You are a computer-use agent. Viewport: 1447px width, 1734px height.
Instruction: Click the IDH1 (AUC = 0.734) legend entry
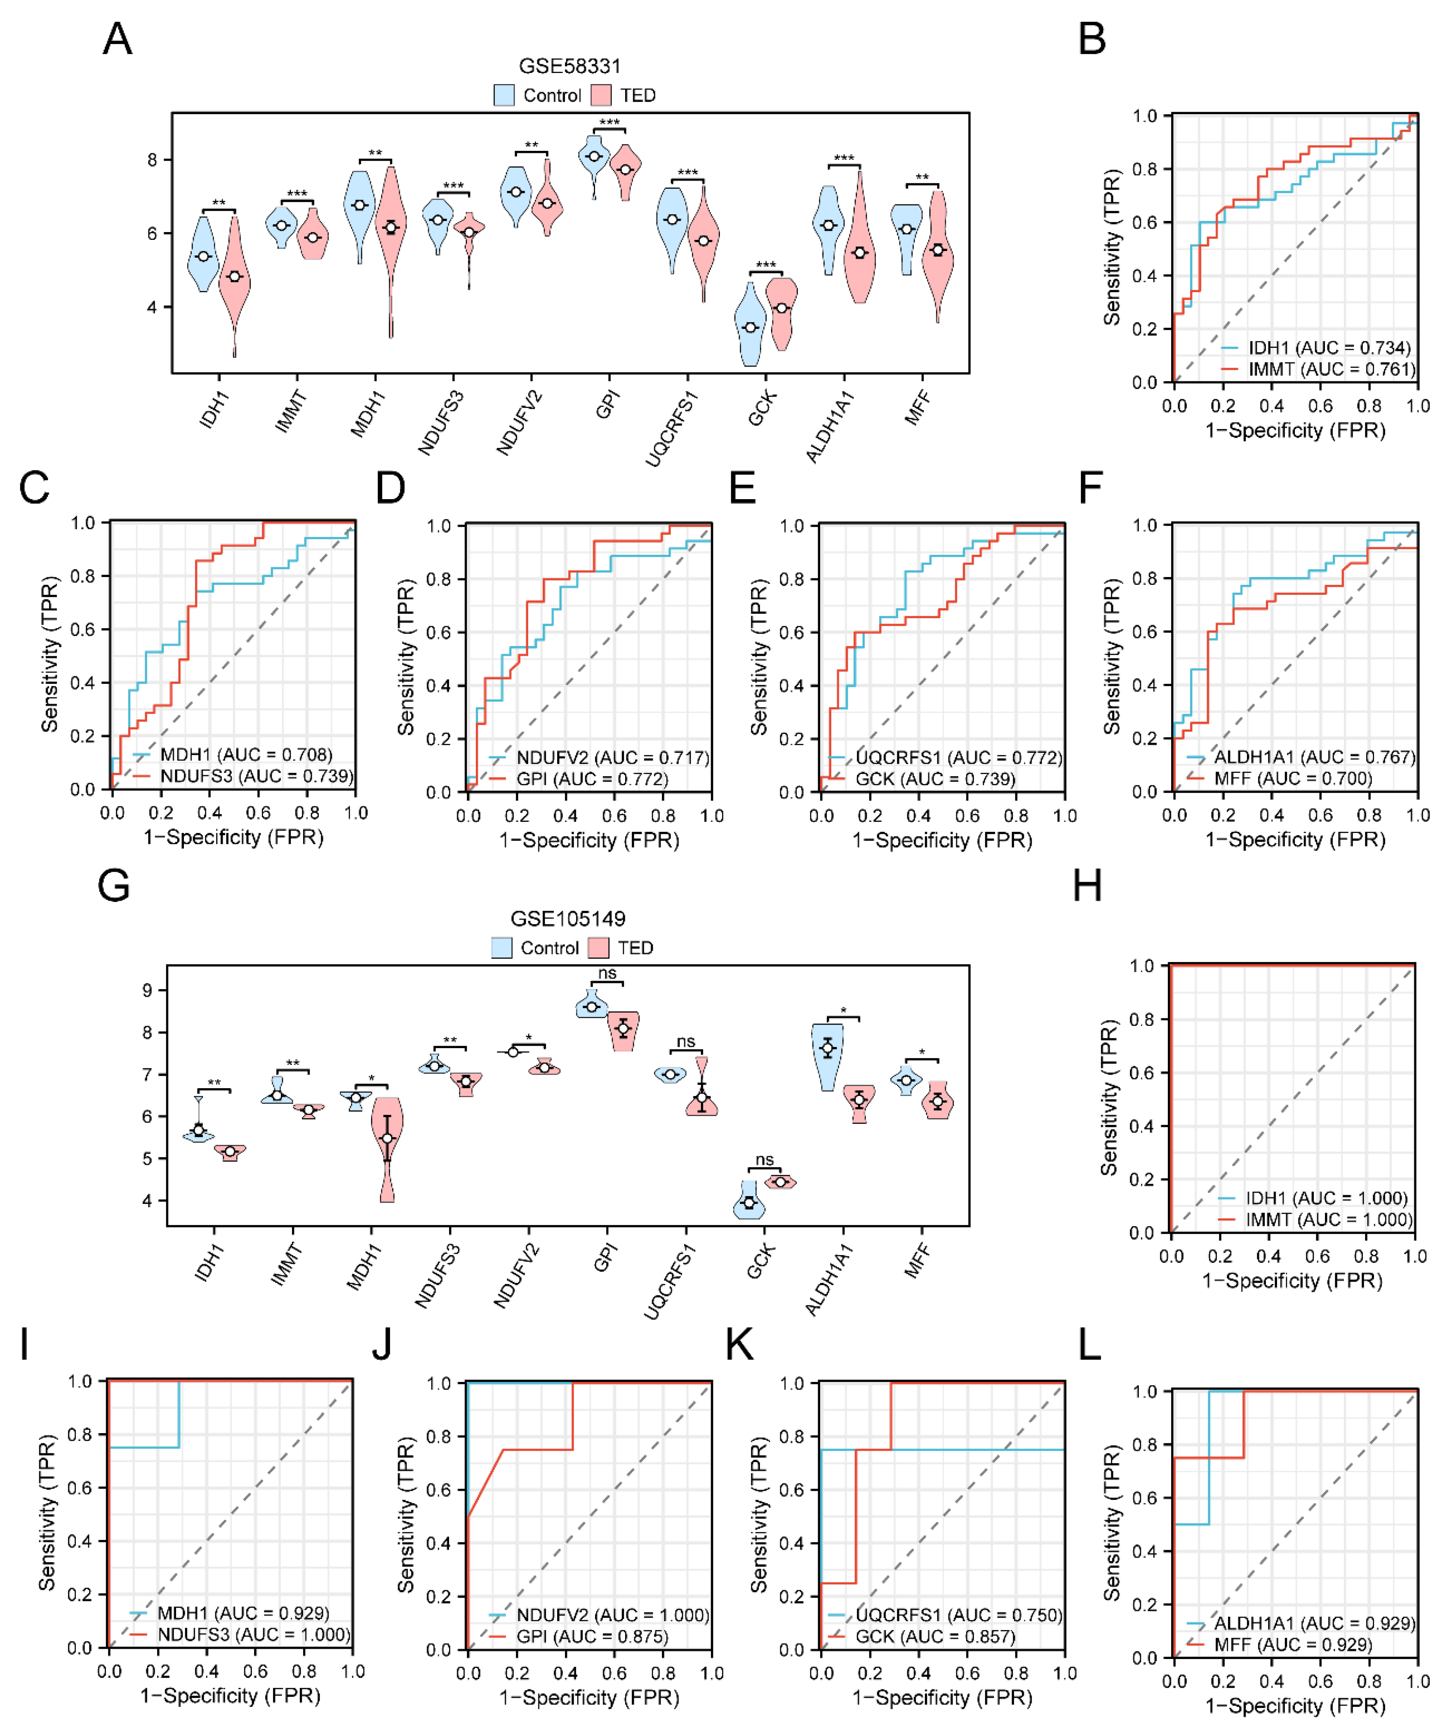pos(1328,347)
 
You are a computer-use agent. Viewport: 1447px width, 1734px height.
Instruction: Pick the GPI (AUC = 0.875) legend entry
pos(591,1636)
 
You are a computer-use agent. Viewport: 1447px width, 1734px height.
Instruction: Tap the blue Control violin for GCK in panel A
pos(750,326)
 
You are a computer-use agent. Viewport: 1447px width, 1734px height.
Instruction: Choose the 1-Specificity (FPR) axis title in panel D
pos(589,840)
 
